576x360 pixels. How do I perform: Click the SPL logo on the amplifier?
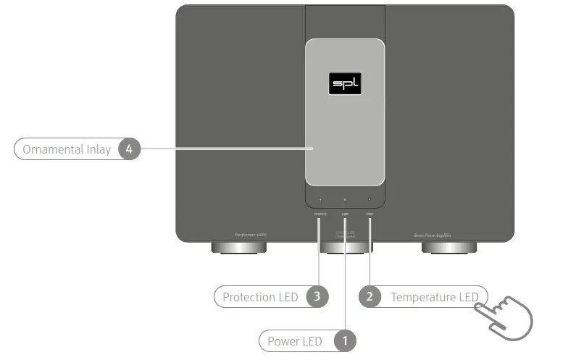point(345,84)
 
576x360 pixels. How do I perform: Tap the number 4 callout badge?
point(129,149)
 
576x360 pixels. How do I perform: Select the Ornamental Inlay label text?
point(67,149)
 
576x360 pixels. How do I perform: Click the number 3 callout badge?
point(316,296)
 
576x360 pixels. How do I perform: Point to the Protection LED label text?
point(260,297)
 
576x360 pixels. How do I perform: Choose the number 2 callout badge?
point(370,296)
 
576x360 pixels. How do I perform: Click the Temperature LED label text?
point(434,297)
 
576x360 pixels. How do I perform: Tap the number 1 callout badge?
point(345,340)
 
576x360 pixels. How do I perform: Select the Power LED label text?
point(295,341)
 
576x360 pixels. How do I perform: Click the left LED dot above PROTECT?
point(320,199)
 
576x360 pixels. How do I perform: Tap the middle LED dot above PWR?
point(345,199)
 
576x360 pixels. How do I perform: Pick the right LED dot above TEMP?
point(370,199)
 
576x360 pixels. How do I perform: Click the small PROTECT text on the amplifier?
point(320,214)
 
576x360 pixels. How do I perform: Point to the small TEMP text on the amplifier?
point(370,214)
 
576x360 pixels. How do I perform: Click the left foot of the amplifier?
point(238,248)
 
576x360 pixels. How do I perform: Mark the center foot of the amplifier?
point(345,248)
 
